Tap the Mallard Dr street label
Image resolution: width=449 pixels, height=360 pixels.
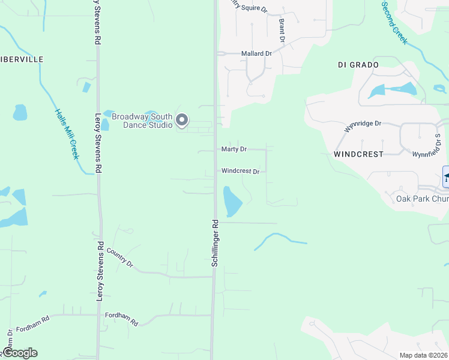256,53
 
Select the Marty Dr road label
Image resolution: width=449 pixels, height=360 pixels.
234,149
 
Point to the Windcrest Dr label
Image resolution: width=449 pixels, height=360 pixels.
240,171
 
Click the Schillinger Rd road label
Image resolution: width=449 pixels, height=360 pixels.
214,242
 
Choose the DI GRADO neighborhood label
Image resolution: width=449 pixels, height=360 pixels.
358,64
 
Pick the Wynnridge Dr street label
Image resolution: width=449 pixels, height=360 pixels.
363,127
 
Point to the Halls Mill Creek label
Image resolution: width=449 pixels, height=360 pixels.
66,133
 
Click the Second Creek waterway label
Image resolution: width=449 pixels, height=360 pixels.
394,22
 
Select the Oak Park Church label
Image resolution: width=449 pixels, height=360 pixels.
422,199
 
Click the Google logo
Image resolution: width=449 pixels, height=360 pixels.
20,353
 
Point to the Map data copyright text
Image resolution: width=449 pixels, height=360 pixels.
423,355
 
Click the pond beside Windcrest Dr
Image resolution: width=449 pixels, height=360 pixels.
231,201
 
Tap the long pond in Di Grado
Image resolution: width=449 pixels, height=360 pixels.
393,90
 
